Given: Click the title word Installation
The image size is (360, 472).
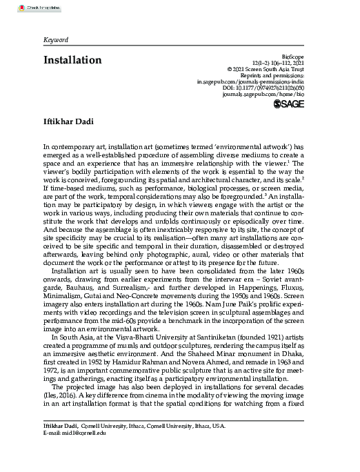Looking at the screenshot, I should [72, 60].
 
